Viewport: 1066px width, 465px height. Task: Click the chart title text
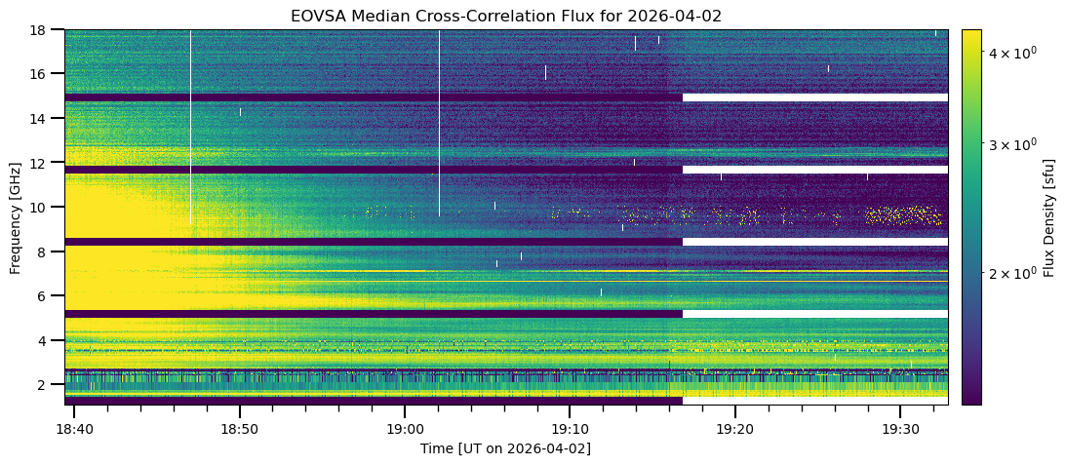tap(505, 17)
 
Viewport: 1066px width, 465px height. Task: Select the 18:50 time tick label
tap(239, 429)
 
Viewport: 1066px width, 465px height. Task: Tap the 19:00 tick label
tap(404, 429)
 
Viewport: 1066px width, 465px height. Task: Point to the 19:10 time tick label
tap(569, 429)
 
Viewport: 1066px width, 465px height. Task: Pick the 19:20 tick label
tap(733, 429)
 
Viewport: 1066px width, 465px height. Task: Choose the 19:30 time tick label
tap(898, 429)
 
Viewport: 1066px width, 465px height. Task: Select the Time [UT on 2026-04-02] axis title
tap(505, 448)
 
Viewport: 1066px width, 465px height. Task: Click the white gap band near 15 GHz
tap(814, 97)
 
